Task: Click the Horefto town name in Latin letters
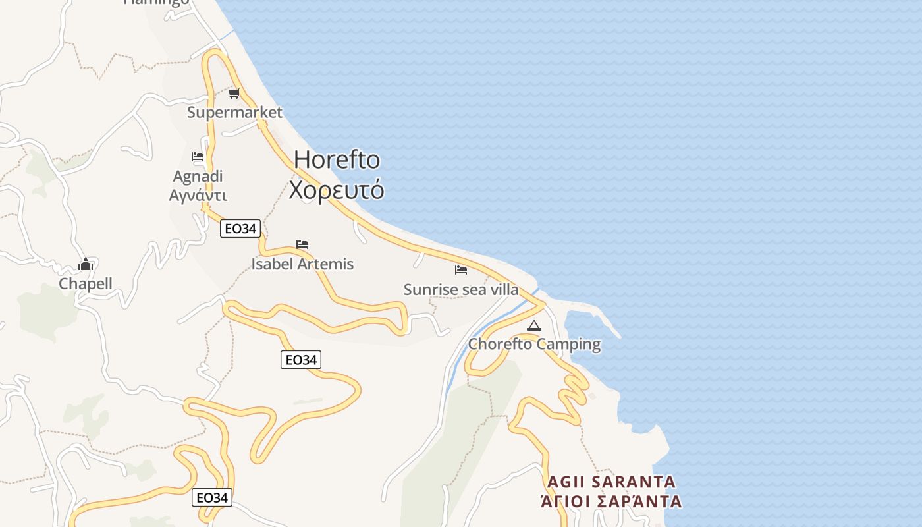coord(337,160)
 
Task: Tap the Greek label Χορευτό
coord(337,190)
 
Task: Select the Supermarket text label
coord(234,112)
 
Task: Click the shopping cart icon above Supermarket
coord(234,93)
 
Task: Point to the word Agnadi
coord(198,177)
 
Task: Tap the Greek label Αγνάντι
coord(198,196)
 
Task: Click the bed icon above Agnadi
coord(198,157)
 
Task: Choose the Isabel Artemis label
coord(302,264)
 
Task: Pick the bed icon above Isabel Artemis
coord(302,244)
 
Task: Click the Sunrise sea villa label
coord(460,290)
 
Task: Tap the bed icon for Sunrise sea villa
coord(461,270)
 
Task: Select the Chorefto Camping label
coord(534,344)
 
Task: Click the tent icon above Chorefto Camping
coord(534,325)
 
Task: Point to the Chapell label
coord(86,284)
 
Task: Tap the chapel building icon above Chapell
coord(86,265)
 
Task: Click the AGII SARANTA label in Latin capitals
coord(611,482)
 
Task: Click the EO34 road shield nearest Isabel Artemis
coord(240,229)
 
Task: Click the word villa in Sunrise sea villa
coord(502,290)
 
